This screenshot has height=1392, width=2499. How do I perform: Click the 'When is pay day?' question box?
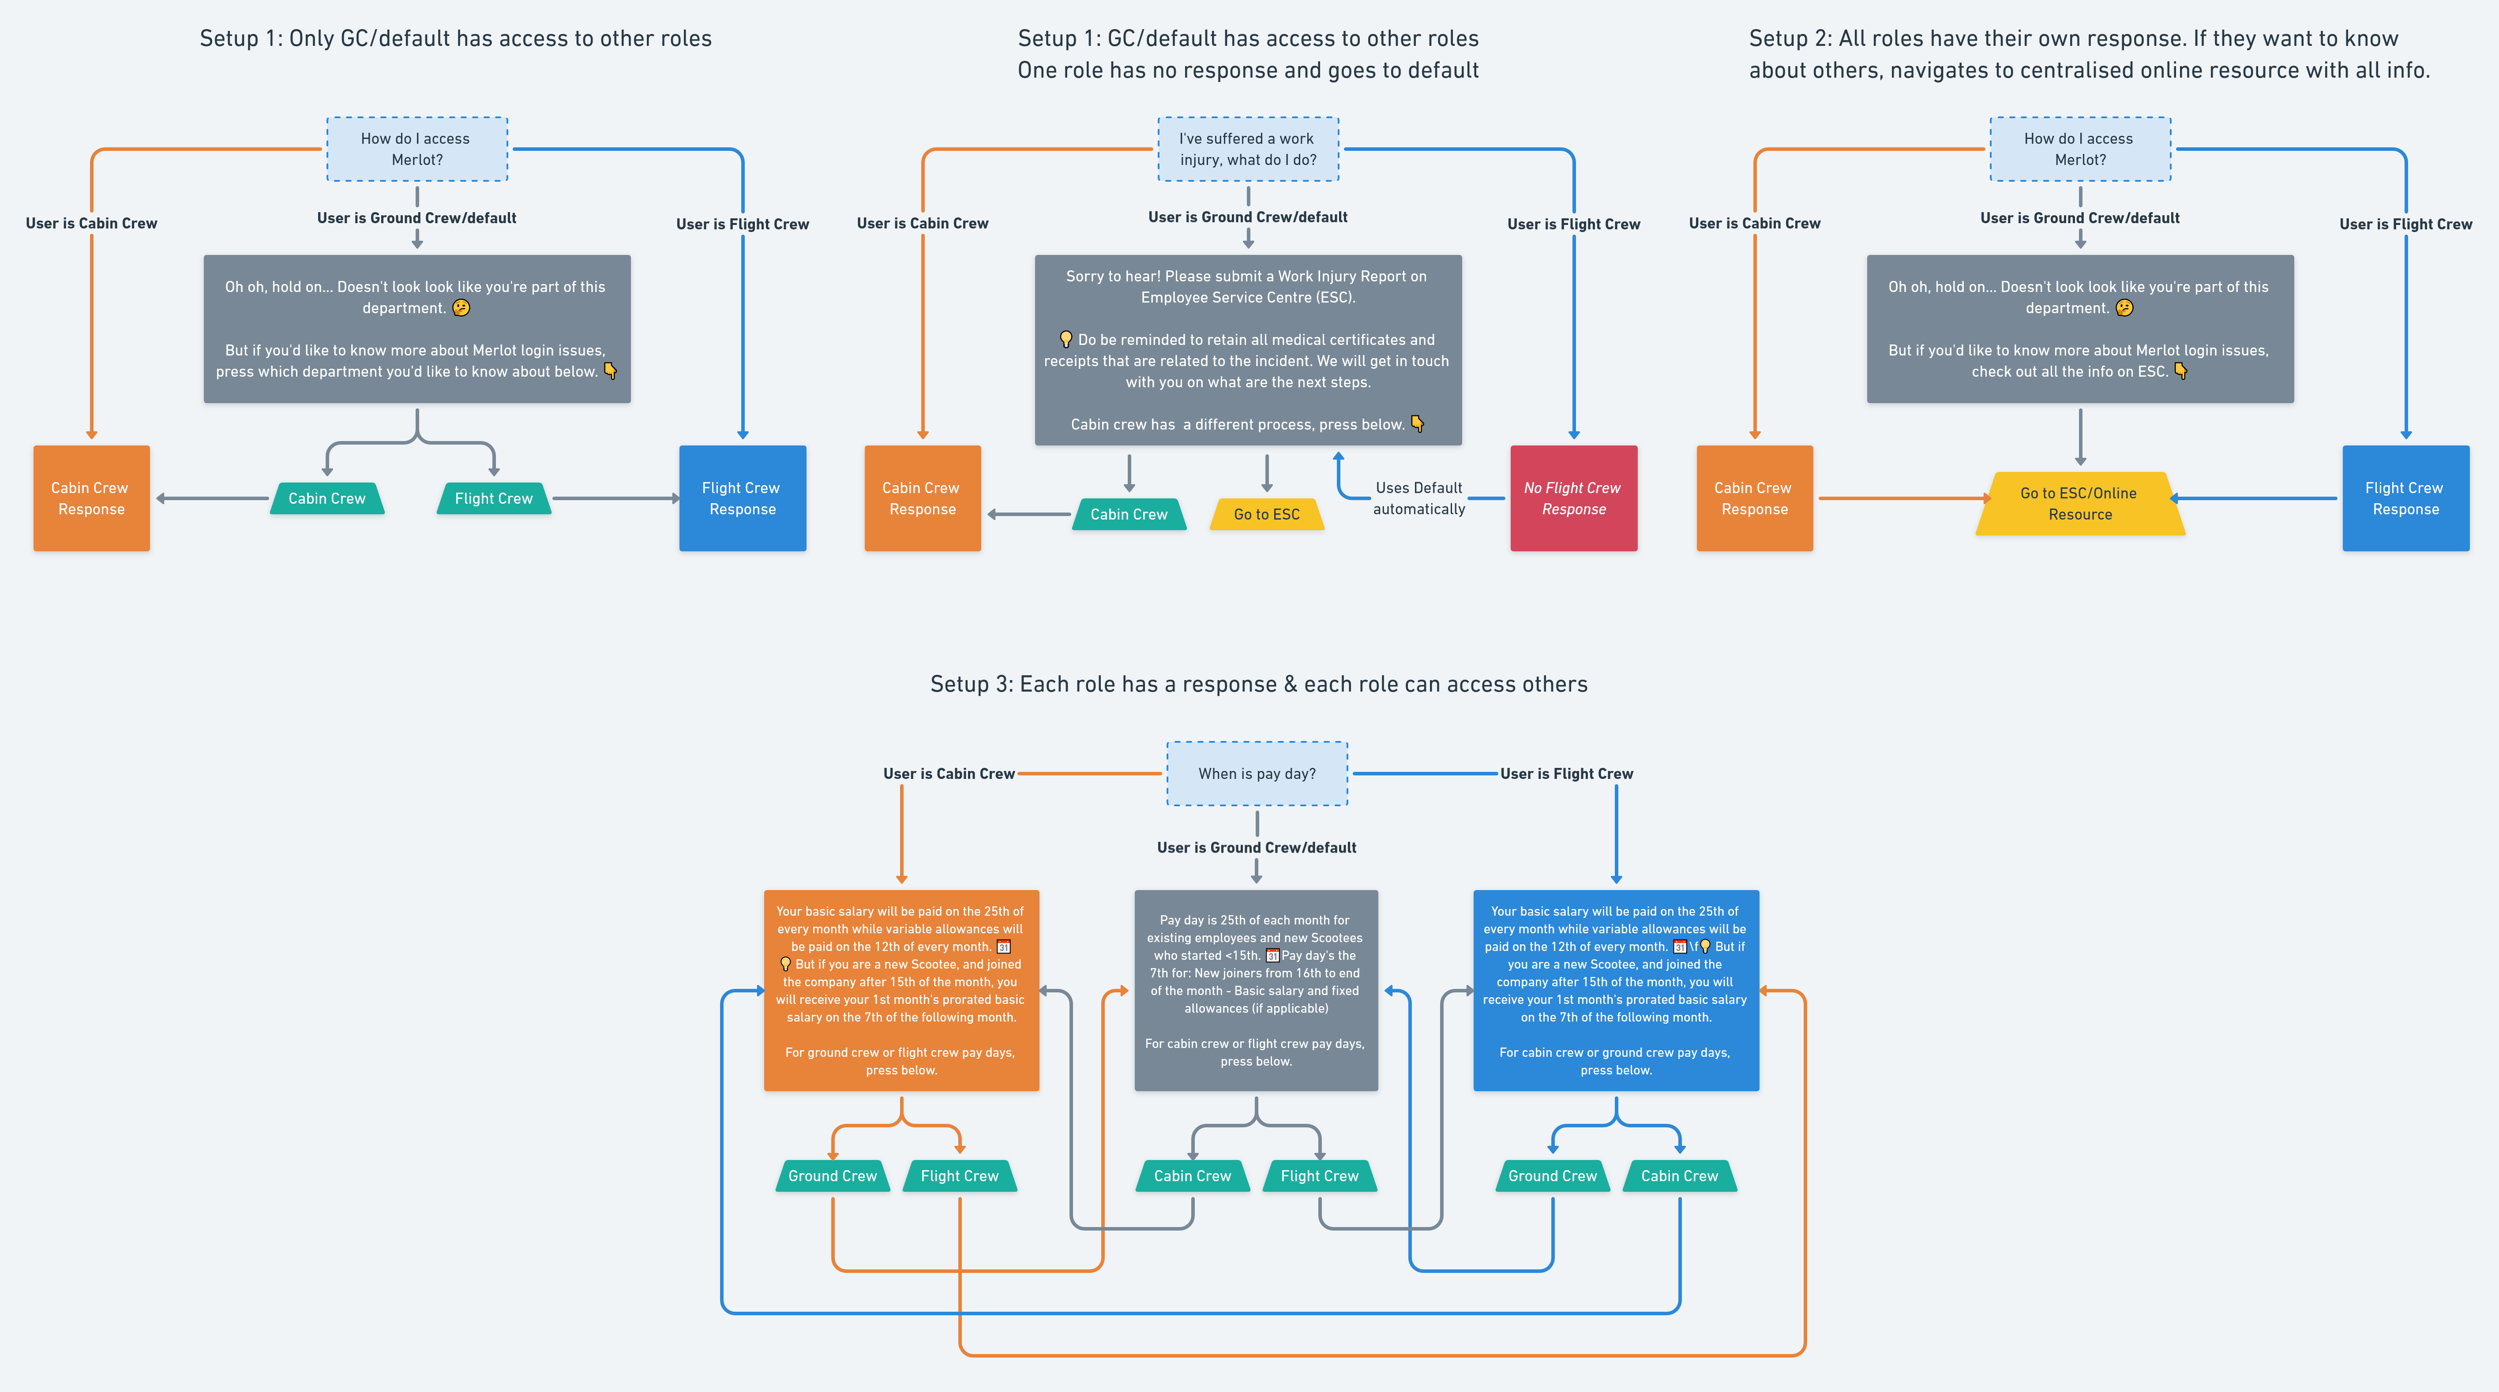[x=1256, y=773]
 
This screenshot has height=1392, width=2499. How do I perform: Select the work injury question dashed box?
[x=1248, y=150]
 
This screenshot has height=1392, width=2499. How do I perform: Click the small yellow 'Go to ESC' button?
[x=1266, y=514]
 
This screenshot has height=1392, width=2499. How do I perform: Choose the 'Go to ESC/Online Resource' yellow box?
[x=2079, y=503]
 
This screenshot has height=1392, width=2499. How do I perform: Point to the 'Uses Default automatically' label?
[x=1418, y=498]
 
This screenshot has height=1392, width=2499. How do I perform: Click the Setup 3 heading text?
[x=1258, y=684]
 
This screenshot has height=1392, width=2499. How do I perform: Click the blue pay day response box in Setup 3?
[x=1615, y=989]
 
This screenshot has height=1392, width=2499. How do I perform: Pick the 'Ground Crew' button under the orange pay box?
[x=833, y=1176]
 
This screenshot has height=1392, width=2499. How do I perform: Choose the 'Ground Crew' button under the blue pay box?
[x=1552, y=1176]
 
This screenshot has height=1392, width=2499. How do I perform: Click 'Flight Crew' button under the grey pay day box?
[x=1319, y=1176]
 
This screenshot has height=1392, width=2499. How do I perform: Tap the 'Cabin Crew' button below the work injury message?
[x=1128, y=514]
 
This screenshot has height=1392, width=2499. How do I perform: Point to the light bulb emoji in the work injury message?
[x=1065, y=339]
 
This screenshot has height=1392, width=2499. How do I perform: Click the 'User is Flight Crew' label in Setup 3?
[x=1566, y=773]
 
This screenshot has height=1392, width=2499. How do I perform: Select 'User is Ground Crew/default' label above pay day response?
[x=1256, y=847]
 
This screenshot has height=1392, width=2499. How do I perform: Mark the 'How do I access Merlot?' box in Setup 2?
[x=2079, y=150]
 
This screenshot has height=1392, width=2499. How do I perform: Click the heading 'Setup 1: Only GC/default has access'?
[x=455, y=39]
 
